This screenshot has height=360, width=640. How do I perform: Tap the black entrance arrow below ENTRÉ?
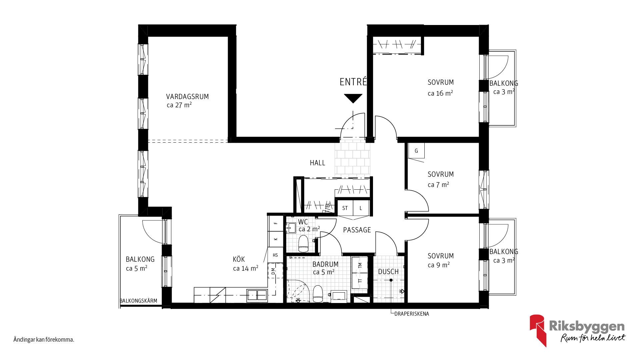pyautogui.click(x=353, y=98)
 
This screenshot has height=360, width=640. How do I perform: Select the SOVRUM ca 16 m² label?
pyautogui.click(x=441, y=88)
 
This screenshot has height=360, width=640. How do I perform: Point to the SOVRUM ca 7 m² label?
pyautogui.click(x=441, y=179)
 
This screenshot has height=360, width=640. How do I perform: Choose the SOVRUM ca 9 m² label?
pyautogui.click(x=441, y=260)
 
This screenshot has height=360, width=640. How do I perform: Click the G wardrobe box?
pyautogui.click(x=416, y=151)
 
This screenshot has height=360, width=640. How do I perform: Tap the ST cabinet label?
pyautogui.click(x=345, y=208)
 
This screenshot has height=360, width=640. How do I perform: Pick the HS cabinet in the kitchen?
pyautogui.click(x=275, y=255)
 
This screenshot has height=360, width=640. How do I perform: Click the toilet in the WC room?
pyautogui.click(x=303, y=244)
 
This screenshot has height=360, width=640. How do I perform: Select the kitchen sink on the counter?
pyautogui.click(x=257, y=295)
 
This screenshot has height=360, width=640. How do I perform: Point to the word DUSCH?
pyautogui.click(x=388, y=272)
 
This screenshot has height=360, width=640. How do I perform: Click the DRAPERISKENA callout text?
pyautogui.click(x=412, y=314)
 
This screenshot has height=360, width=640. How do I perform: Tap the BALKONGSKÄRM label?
pyautogui.click(x=138, y=301)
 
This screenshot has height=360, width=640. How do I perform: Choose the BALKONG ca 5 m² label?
pyautogui.click(x=140, y=264)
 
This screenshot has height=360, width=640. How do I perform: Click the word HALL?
pyautogui.click(x=317, y=163)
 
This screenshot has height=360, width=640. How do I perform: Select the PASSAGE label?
pyautogui.click(x=357, y=230)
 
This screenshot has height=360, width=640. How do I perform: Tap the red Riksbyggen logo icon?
pyautogui.click(x=538, y=330)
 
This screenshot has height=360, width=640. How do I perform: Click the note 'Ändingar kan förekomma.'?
pyautogui.click(x=44, y=340)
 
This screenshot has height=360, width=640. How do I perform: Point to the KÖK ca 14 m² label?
pyautogui.click(x=246, y=264)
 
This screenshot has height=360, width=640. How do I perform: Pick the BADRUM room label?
pyautogui.click(x=325, y=264)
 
